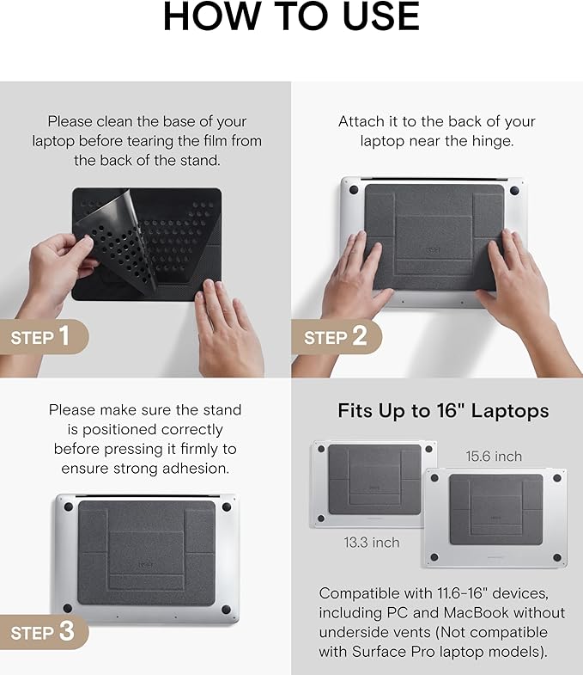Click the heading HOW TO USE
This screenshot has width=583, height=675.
coord(291,17)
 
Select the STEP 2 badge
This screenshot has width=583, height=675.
coord(336,337)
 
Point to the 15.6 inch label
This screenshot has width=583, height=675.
coord(494,456)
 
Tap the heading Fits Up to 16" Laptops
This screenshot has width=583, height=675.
coord(443,411)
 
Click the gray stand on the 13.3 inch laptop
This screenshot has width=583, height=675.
coord(373,482)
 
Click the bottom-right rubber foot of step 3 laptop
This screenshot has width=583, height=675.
coord(226,610)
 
